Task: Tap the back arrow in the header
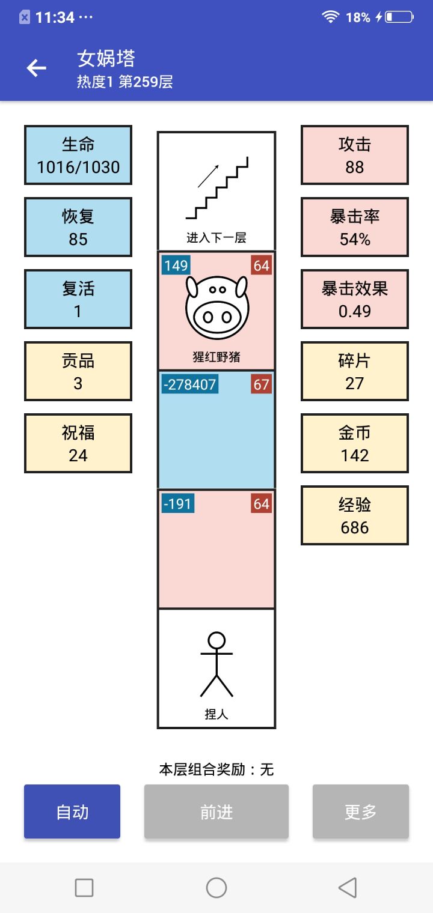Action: pos(36,68)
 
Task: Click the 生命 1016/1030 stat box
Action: pos(78,155)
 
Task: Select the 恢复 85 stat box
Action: pos(78,227)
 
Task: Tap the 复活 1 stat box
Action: pos(78,299)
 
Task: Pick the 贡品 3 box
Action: pos(78,371)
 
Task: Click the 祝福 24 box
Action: pos(78,443)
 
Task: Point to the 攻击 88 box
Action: pos(355,155)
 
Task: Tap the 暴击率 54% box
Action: pos(355,227)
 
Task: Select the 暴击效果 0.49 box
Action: pos(355,299)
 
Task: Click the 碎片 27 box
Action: pos(355,371)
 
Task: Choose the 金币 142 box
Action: pos(355,443)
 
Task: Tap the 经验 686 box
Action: pos(355,515)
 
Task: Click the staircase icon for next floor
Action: pos(216,188)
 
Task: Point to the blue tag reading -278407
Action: pos(190,384)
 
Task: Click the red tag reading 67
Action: pos(261,384)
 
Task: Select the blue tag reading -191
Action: pos(177,504)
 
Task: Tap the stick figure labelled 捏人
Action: pos(216,664)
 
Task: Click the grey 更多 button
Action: pos(361,811)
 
